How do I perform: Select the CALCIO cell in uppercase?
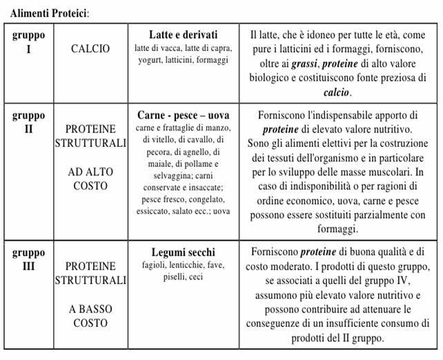point(90,49)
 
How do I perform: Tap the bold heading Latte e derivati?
point(184,34)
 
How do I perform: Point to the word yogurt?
point(150,60)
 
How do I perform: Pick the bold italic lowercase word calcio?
point(337,92)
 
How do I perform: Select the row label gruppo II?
point(29,122)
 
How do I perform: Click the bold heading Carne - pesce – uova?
point(184,115)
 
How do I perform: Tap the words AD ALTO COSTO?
point(90,179)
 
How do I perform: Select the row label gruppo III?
point(29,259)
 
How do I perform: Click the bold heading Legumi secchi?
point(184,252)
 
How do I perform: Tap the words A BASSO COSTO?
point(90,316)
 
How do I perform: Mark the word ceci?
point(197,277)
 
